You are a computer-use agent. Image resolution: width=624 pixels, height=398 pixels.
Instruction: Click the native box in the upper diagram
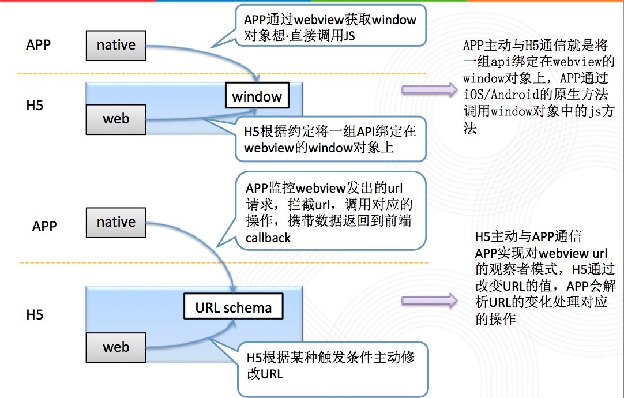(116, 46)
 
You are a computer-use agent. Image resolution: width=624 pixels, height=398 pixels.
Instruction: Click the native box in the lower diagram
(116, 223)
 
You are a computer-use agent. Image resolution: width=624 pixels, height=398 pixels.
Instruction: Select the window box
(257, 96)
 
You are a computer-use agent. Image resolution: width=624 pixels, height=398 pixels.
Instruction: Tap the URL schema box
(233, 306)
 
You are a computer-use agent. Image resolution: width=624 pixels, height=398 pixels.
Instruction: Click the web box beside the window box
(116, 119)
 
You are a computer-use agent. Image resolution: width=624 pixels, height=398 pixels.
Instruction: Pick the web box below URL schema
(116, 347)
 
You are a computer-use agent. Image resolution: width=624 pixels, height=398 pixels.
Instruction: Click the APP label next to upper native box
(38, 44)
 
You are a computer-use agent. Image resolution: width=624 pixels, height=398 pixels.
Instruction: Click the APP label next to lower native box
(44, 226)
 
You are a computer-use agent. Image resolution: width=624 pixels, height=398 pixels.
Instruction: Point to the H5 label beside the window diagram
(35, 106)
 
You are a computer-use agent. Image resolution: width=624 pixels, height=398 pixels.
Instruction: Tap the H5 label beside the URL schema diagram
(35, 315)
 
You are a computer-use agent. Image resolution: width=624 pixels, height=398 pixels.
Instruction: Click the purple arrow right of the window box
(430, 90)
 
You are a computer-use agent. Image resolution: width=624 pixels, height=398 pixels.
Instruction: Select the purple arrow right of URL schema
(430, 301)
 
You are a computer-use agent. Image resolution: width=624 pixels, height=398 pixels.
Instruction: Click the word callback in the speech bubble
(268, 238)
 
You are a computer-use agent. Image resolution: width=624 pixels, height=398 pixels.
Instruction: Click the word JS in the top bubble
(349, 36)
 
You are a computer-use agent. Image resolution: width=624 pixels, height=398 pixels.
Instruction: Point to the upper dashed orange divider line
(221, 74)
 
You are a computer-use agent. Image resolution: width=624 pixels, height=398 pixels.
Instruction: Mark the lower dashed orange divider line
(224, 262)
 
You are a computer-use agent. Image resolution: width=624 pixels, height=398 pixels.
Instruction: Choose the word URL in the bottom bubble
(272, 374)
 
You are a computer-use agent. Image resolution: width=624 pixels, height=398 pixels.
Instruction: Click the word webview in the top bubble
(319, 20)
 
